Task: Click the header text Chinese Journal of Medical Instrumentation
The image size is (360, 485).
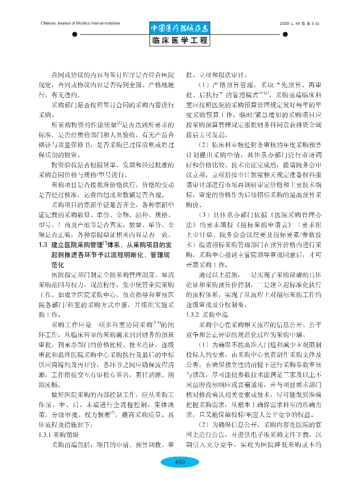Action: tap(80, 23)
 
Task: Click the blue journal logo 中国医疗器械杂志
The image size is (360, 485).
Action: tap(180, 28)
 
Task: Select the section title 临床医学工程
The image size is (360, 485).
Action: tap(180, 41)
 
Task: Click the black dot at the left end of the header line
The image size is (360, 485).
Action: tap(74, 34)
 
